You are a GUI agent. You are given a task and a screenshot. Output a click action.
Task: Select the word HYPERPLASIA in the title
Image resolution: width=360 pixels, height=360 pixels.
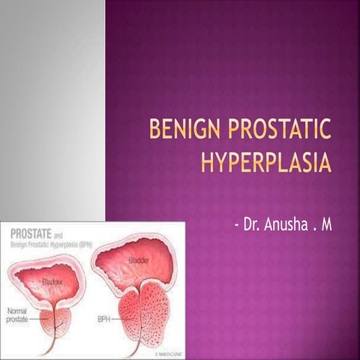click(265, 162)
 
